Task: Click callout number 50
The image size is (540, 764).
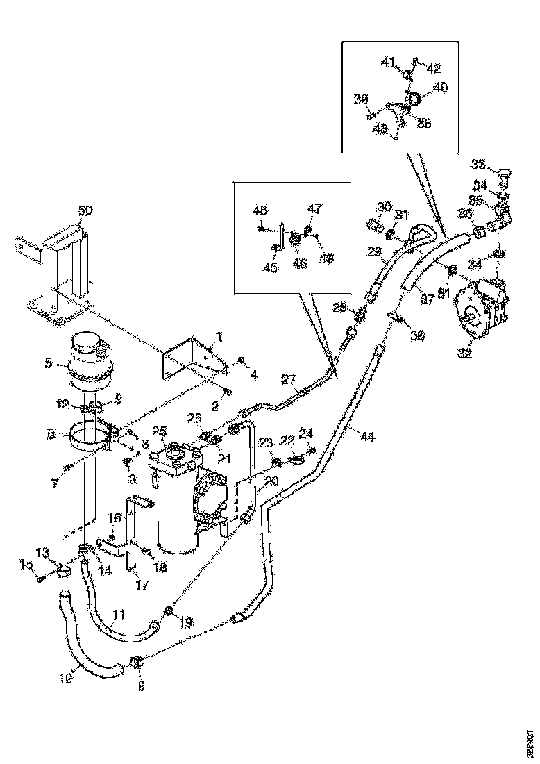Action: [84, 210]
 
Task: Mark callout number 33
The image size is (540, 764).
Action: [478, 164]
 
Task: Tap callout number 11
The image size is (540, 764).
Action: [119, 614]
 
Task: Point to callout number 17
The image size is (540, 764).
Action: [142, 585]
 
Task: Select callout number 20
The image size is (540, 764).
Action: [271, 481]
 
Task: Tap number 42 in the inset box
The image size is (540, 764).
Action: [433, 68]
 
